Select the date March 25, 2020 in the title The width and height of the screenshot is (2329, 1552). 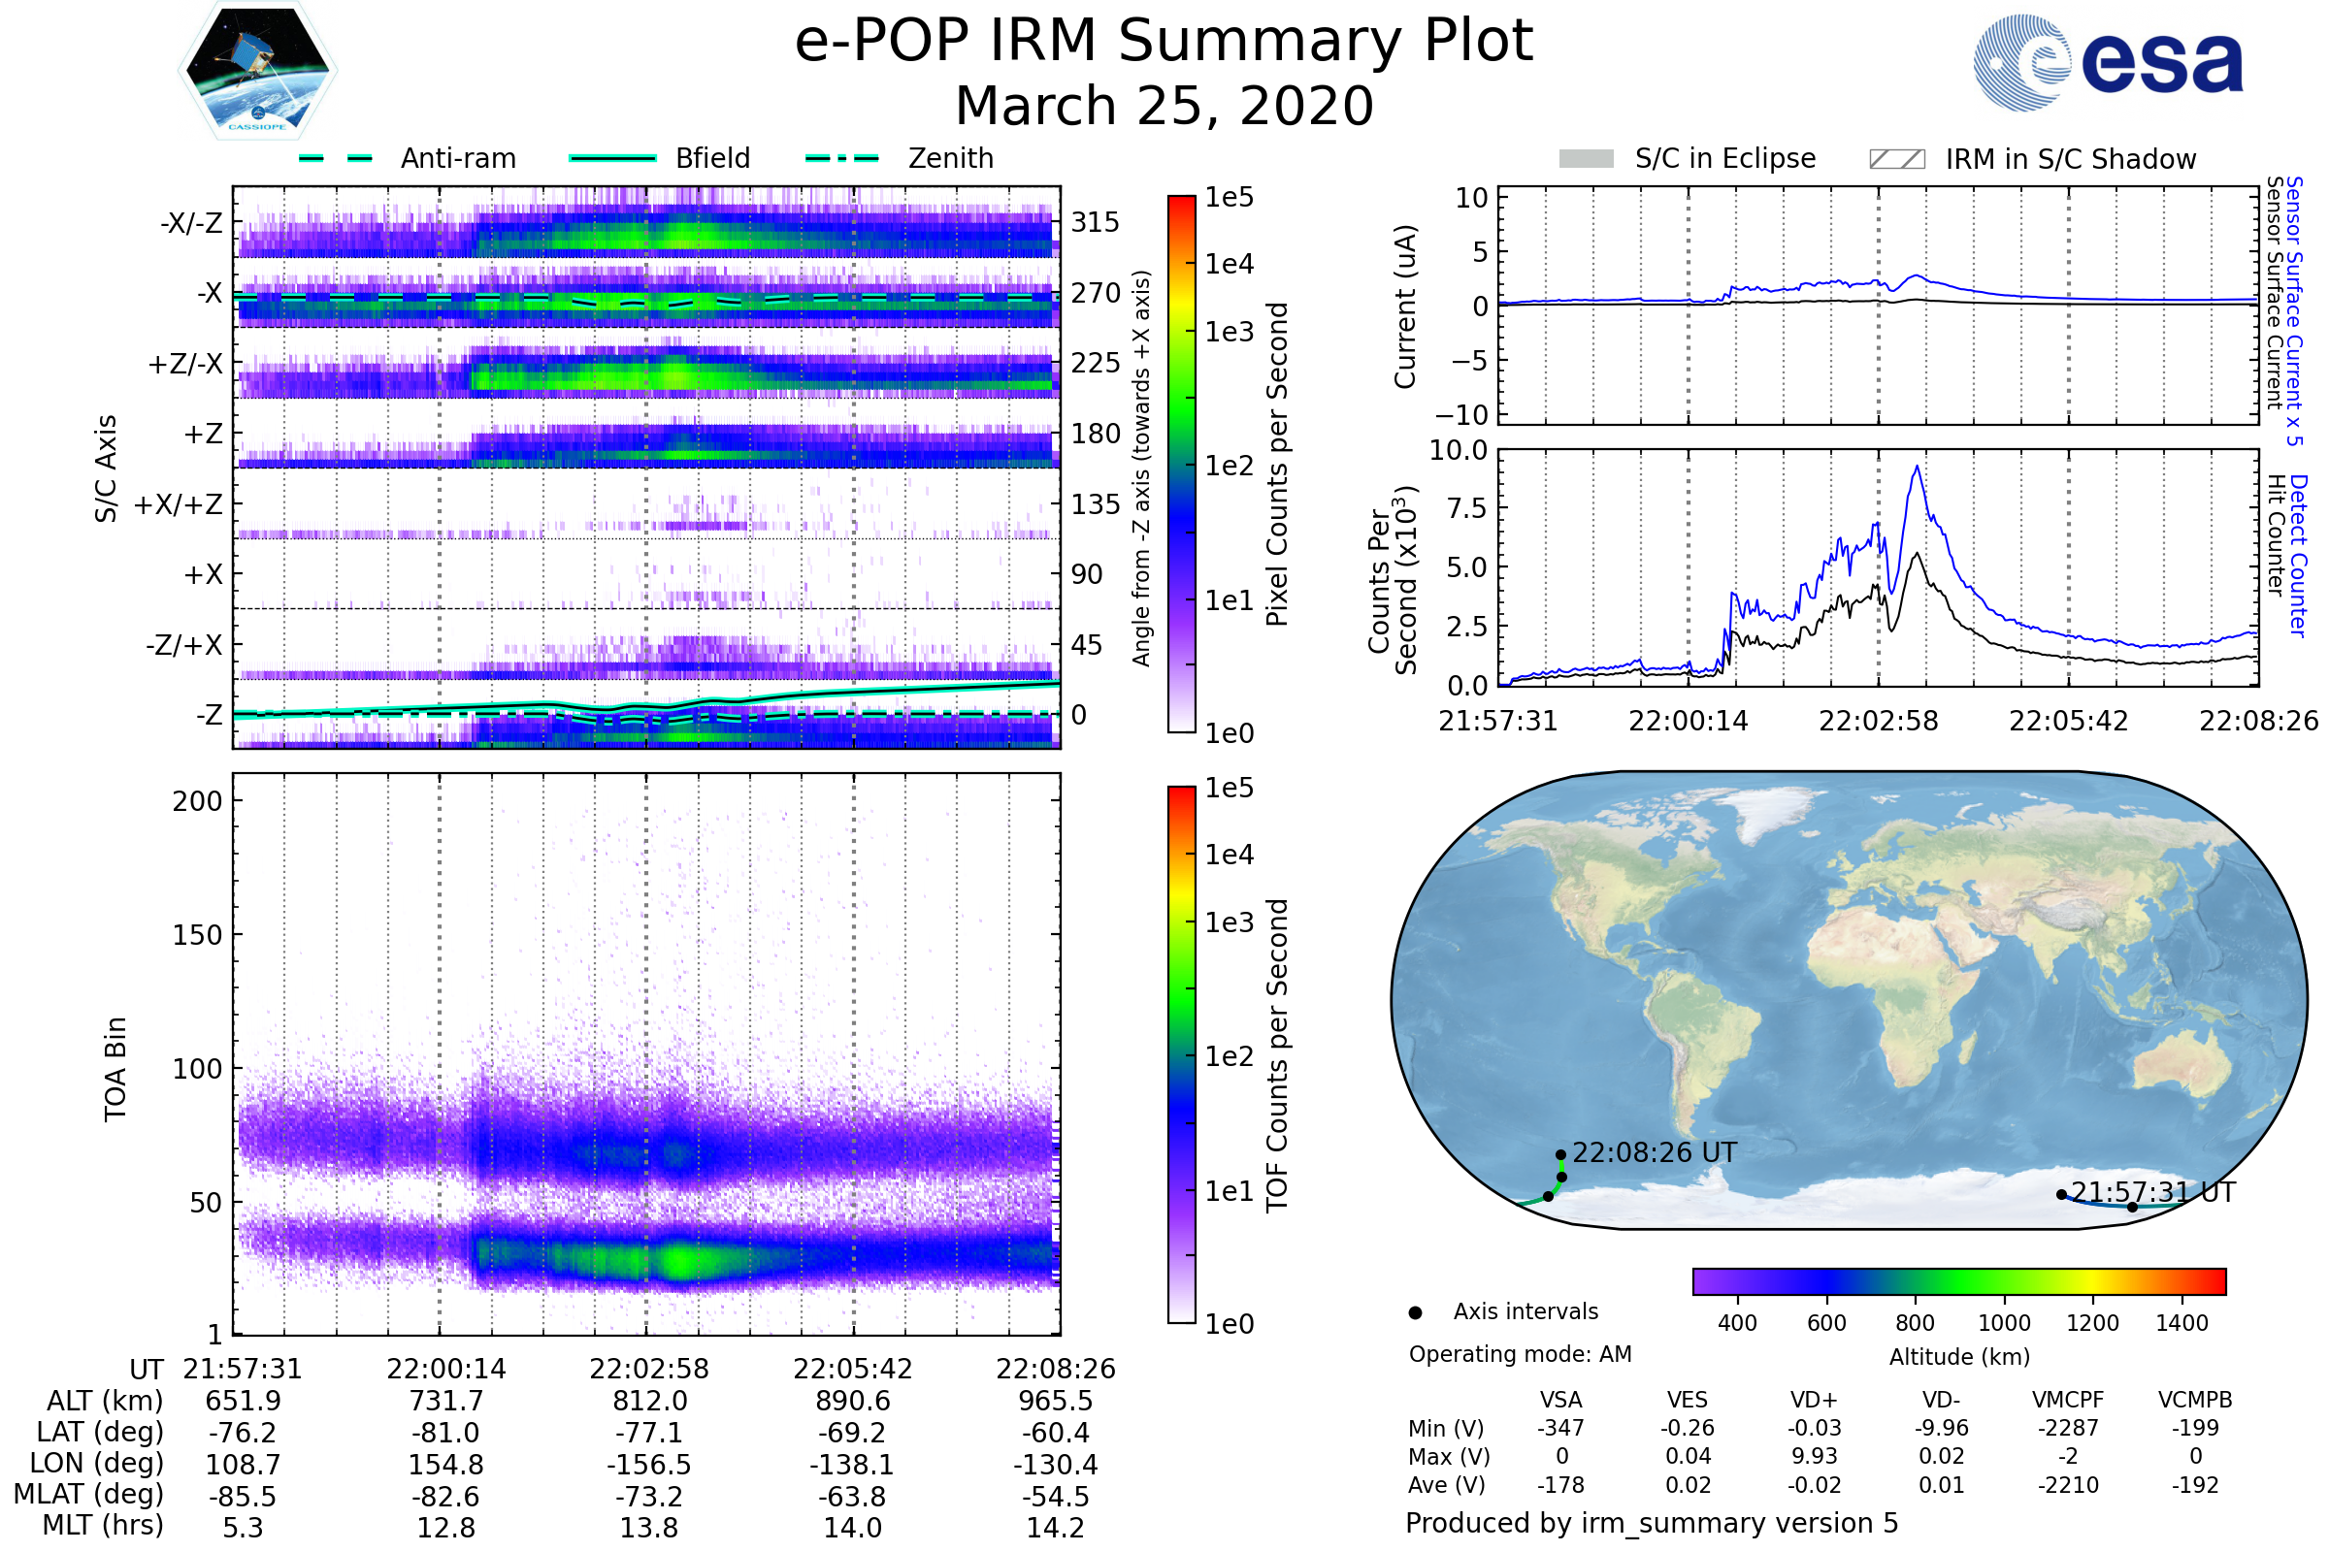(x=1164, y=106)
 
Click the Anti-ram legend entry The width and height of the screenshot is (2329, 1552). (x=408, y=158)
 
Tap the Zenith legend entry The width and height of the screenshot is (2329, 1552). (x=901, y=158)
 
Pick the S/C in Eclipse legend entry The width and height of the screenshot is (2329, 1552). (x=1688, y=158)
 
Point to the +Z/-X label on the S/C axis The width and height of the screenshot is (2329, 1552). (x=185, y=365)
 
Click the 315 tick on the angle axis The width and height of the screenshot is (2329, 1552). (x=1095, y=222)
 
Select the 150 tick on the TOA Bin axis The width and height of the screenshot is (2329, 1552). (x=197, y=934)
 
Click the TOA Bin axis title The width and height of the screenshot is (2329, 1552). (x=115, y=1068)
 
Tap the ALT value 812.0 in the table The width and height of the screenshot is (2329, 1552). (x=648, y=1402)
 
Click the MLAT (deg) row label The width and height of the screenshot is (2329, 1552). (x=88, y=1496)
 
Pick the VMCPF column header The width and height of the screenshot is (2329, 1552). (x=2068, y=1400)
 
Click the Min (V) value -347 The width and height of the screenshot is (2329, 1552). (x=1560, y=1428)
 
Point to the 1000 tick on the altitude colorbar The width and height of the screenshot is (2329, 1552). (x=2003, y=1323)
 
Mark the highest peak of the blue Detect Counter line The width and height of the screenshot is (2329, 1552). (x=1919, y=467)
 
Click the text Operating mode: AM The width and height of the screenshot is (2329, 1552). (x=1520, y=1354)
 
